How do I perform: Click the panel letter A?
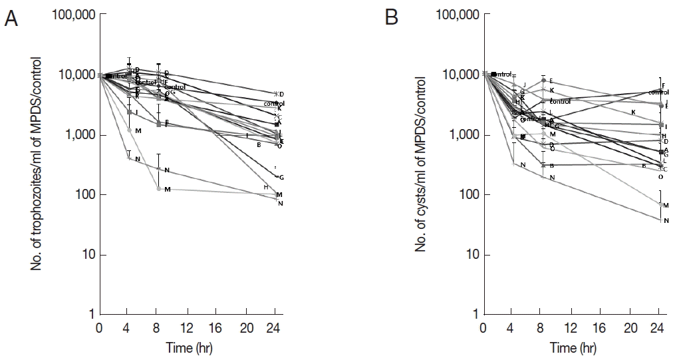pos(11,19)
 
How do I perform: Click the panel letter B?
pos(392,19)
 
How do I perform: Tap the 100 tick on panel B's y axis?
pos(468,195)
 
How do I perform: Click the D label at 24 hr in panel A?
pos(281,94)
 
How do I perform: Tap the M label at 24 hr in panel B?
pos(666,206)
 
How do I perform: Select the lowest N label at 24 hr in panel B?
pos(666,221)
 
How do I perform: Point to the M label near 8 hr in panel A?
pos(168,190)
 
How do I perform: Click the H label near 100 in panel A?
pos(265,187)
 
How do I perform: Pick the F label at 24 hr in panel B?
pos(664,85)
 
